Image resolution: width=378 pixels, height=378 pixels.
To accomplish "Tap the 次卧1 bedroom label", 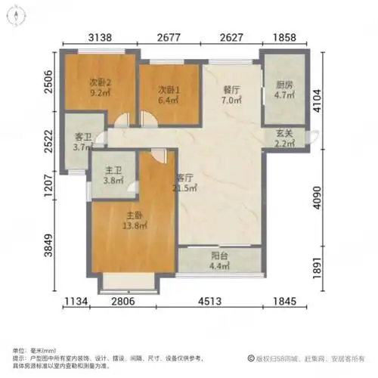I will pyautogui.click(x=168, y=88).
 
